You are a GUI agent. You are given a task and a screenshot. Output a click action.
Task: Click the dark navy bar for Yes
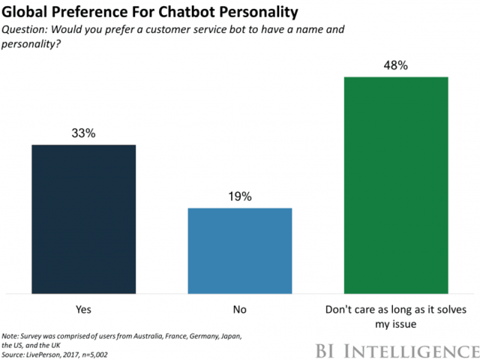(83, 217)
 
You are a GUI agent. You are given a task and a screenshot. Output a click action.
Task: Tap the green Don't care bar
(395, 184)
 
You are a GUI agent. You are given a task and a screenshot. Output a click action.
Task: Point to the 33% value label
(83, 133)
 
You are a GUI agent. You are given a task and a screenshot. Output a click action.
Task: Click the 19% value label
(239, 196)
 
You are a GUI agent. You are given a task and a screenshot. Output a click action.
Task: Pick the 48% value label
(395, 65)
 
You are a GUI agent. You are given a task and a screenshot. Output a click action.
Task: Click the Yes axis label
(83, 307)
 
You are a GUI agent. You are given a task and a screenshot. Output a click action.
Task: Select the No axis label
(239, 307)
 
